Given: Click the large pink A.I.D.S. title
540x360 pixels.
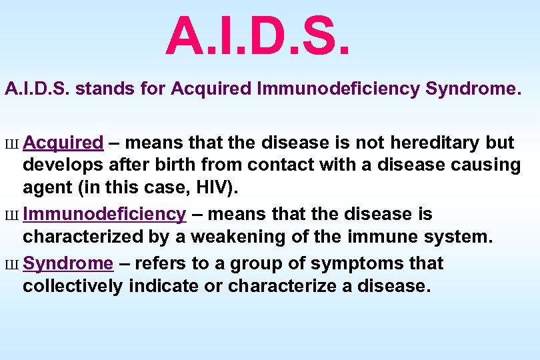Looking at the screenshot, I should coord(257,37).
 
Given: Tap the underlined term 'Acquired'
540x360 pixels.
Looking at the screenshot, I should coord(63,143).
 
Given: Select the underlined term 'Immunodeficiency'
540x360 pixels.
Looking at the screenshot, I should coord(104,214).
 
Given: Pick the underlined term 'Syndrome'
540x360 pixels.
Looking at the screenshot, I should coord(68,263).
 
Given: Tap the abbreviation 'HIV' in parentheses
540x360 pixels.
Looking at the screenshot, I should coord(215,188).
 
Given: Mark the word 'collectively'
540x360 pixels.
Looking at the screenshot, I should coord(73,286).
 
